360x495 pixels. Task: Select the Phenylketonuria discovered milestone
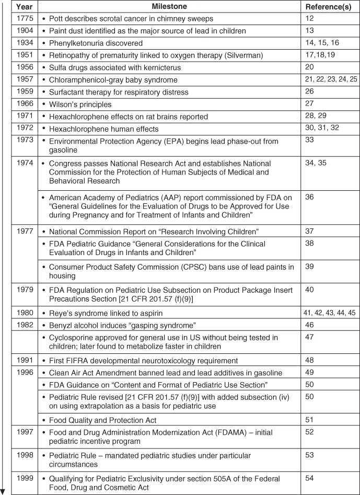tap(96, 43)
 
